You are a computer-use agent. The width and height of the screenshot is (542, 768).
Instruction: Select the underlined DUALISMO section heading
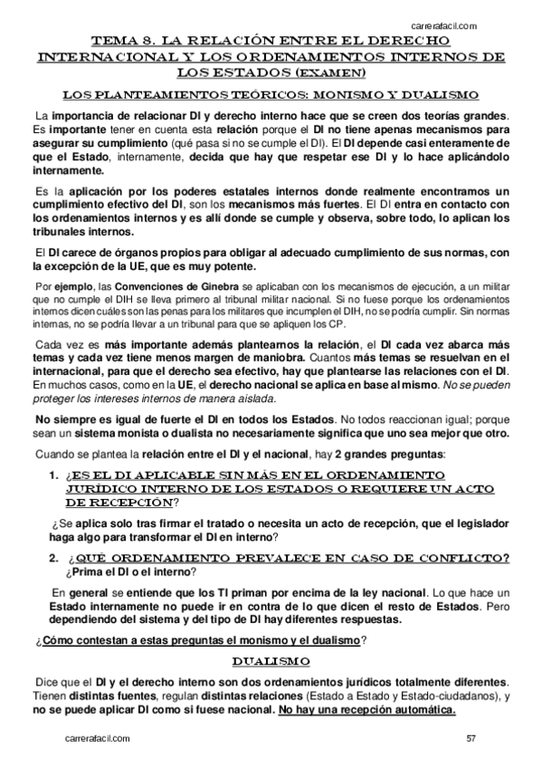click(x=271, y=660)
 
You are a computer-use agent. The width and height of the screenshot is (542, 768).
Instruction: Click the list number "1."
click(x=53, y=475)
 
